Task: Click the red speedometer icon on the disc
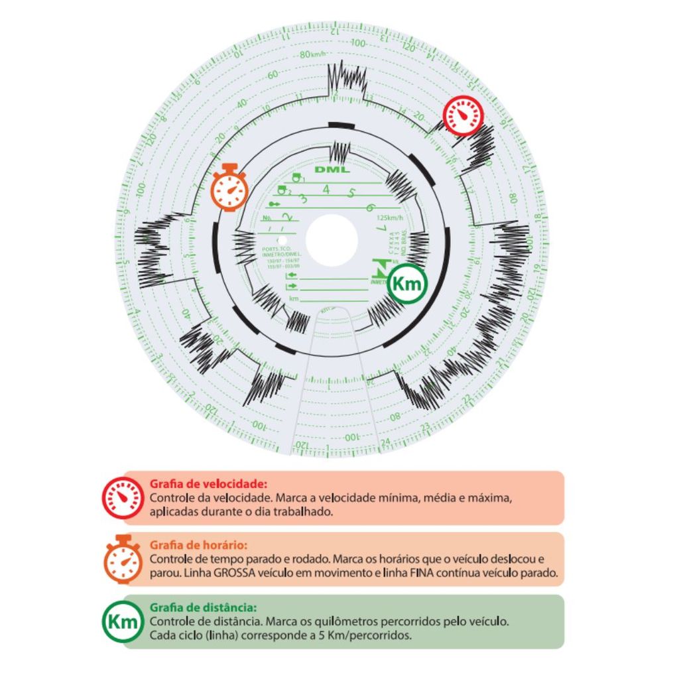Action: pos(463,116)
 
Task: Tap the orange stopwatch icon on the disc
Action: pos(229,188)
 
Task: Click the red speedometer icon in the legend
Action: pos(123,497)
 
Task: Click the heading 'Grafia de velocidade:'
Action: pos(208,483)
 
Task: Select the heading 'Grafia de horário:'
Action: pos(198,545)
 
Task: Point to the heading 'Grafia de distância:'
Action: pos(203,607)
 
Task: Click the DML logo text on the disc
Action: pos(332,170)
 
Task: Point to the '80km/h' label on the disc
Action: pos(313,54)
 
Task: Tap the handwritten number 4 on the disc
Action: pos(326,190)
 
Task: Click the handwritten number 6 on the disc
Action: pos(369,207)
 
